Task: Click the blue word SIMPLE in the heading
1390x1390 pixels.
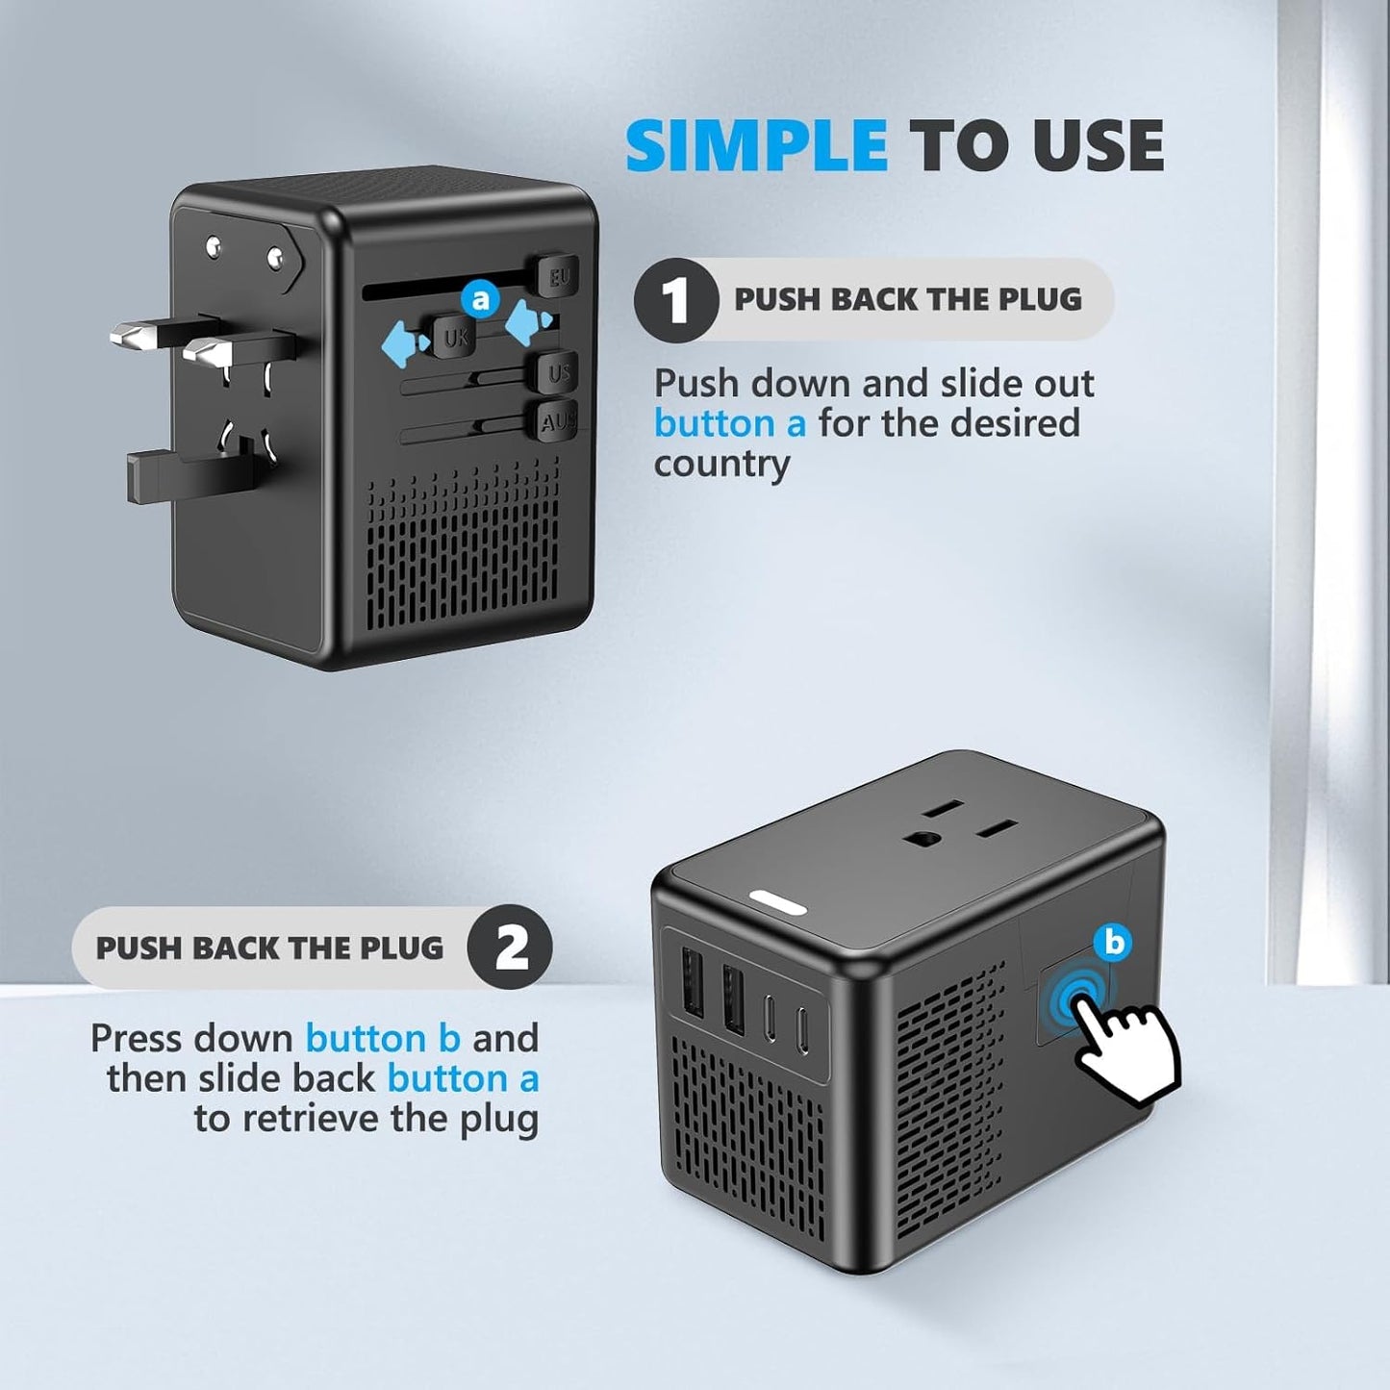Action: click(756, 146)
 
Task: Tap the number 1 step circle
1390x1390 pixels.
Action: click(675, 300)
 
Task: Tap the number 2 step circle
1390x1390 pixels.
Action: click(510, 948)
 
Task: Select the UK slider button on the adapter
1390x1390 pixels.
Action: click(455, 337)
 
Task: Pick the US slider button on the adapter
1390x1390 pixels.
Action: click(559, 372)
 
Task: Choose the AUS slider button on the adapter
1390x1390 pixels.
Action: click(557, 420)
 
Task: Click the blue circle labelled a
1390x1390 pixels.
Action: click(480, 299)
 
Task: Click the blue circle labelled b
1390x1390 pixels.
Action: click(1113, 943)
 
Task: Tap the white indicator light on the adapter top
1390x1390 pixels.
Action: click(778, 903)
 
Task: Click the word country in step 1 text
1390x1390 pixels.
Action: click(721, 464)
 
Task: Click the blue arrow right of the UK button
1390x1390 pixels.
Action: click(528, 321)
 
